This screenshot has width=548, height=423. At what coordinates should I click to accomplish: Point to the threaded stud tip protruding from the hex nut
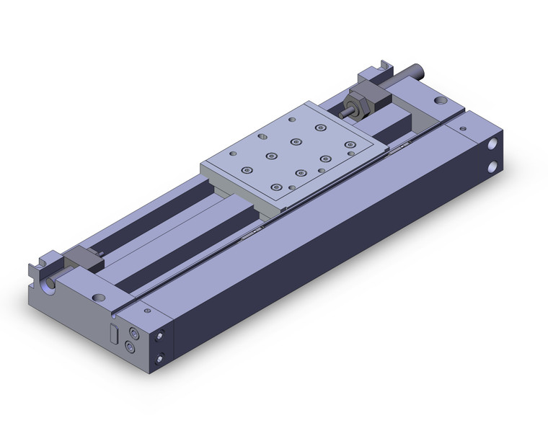[347, 112]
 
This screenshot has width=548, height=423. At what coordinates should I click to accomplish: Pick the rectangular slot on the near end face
[112, 334]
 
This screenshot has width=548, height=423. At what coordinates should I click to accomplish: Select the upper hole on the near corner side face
[161, 336]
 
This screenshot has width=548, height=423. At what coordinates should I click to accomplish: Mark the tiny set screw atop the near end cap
[148, 311]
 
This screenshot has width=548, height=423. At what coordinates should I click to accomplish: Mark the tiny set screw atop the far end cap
[461, 127]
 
